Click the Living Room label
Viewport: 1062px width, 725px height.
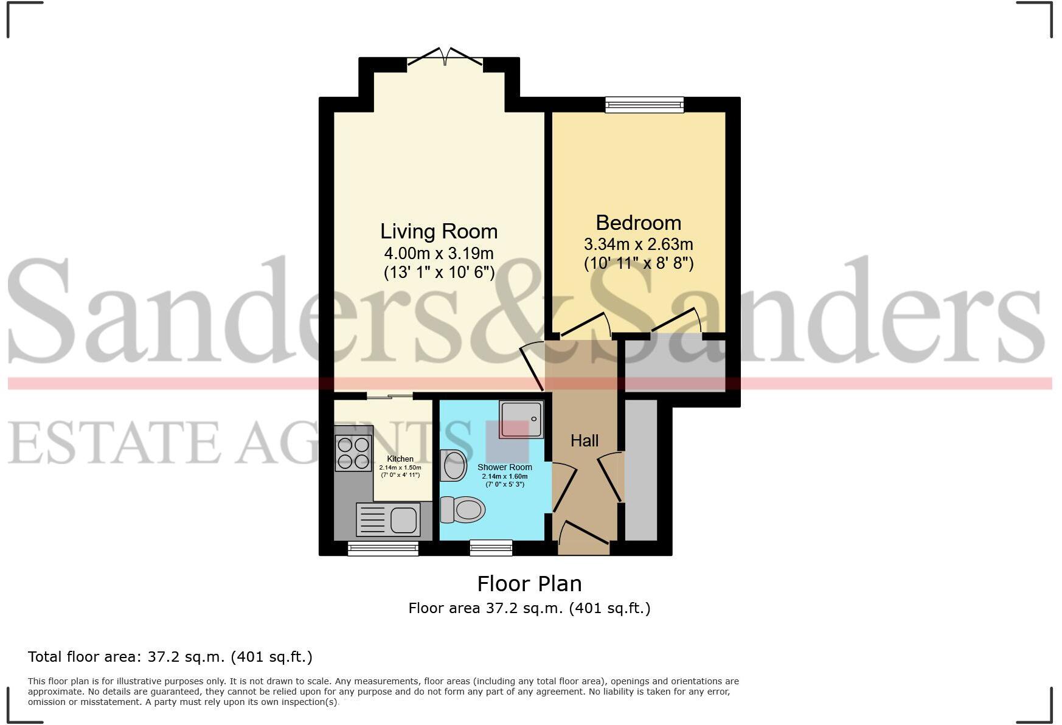click(439, 232)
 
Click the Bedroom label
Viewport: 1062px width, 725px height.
click(638, 223)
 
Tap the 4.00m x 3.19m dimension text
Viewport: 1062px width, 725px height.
click(439, 253)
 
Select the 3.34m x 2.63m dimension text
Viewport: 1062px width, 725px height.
click(638, 245)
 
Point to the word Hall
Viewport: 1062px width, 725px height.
click(584, 440)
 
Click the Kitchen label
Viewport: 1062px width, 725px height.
click(400, 459)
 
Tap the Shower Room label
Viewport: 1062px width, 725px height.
click(505, 467)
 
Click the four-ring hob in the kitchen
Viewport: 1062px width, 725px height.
click(353, 454)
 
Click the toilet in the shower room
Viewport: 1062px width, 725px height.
click(462, 509)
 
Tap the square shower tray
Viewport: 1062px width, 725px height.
click(519, 420)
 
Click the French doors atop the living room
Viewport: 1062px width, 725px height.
click(445, 58)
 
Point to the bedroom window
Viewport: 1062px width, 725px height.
click(644, 105)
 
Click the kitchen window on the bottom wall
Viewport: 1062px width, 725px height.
click(383, 549)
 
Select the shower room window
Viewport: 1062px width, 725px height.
click(491, 548)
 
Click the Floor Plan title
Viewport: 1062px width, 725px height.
click(529, 584)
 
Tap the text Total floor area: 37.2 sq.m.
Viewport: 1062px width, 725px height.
click(170, 657)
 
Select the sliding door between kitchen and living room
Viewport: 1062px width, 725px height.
click(390, 397)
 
